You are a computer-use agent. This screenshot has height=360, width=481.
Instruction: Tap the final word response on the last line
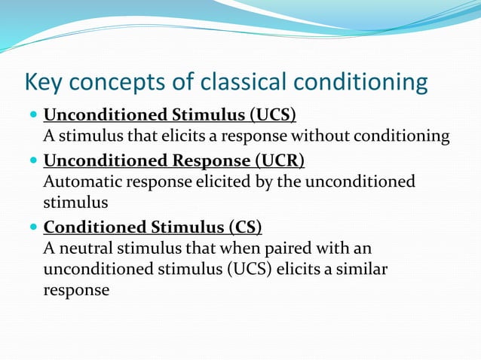[76, 290]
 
